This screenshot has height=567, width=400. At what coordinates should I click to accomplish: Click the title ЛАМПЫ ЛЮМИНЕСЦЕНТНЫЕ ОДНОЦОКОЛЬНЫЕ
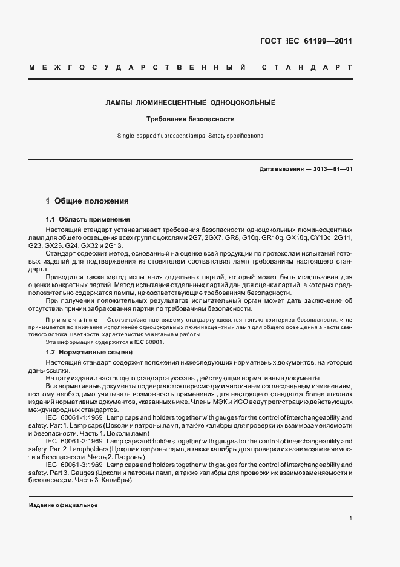coord(191,102)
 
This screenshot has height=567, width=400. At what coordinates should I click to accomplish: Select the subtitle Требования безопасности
coord(191,119)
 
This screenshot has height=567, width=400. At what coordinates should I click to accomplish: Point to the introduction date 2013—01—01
coord(329,169)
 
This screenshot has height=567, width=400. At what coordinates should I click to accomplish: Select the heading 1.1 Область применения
coord(88,219)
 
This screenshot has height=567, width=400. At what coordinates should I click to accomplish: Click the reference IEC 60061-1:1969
coord(75,417)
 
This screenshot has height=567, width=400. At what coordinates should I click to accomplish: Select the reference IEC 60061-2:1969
coord(75,441)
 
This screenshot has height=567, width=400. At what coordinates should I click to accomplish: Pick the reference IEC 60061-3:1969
coord(75,464)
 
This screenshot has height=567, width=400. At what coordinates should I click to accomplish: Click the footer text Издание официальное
coord(64,505)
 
